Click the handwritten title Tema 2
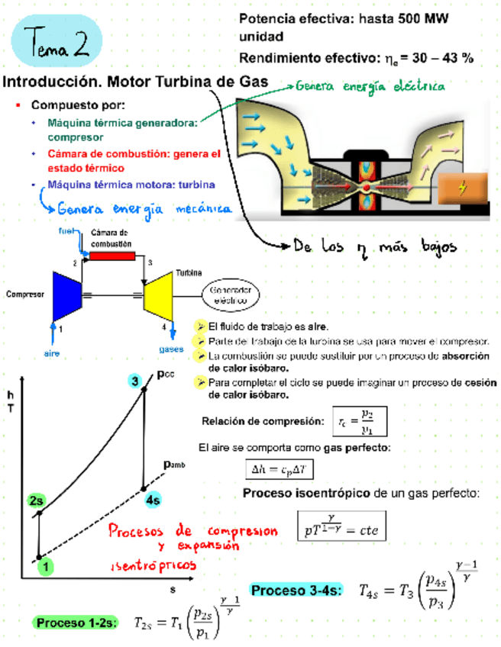(58, 43)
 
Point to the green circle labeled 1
(47, 565)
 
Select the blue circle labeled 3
(136, 381)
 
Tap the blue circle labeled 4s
(153, 501)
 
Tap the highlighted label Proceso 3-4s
(297, 591)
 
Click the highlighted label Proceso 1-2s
(74, 623)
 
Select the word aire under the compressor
(50, 353)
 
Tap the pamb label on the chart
(174, 463)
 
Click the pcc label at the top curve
(165, 374)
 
